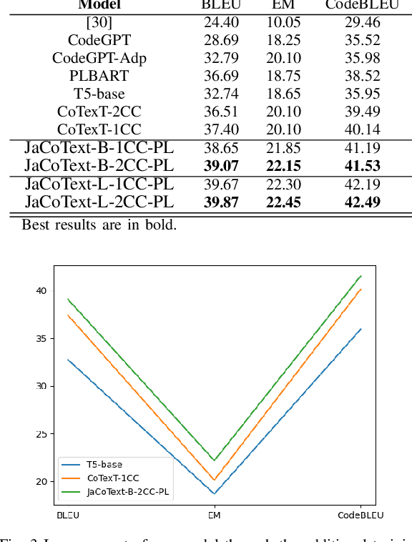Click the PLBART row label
[x=99, y=75]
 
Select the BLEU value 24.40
[x=221, y=21]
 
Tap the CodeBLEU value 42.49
[x=362, y=202]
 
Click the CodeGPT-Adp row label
[x=99, y=57]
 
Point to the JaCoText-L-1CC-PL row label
[x=99, y=184]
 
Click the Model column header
[x=99, y=5]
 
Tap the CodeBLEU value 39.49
[x=362, y=111]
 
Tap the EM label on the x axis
[x=214, y=515]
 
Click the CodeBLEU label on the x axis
[x=360, y=515]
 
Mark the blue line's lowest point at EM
[x=214, y=493]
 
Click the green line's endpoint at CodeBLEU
[x=360, y=276]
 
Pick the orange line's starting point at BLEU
[x=68, y=315]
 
